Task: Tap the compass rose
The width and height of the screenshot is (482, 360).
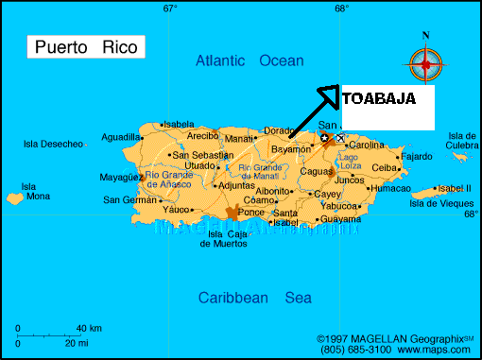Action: (425, 63)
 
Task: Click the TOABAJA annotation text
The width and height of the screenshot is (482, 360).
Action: (378, 98)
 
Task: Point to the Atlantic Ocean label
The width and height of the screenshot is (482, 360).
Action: (250, 61)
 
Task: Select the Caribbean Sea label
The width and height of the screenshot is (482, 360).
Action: (254, 298)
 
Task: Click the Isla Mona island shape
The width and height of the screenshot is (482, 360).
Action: (14, 199)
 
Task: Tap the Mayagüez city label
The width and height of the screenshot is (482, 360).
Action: (121, 177)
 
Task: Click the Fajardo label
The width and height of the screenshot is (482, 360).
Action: (417, 157)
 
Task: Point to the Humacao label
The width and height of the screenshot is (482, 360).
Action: (391, 188)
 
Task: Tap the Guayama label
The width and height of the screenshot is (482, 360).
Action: (341, 218)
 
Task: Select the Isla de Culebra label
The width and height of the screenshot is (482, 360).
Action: (463, 141)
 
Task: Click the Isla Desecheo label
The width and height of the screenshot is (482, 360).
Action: (53, 144)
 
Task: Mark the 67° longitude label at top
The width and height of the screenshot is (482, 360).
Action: (170, 9)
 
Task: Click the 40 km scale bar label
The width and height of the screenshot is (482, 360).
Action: (89, 327)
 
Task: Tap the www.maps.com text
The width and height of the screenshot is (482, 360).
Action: (440, 349)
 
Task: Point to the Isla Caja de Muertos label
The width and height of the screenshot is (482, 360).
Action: (223, 239)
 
